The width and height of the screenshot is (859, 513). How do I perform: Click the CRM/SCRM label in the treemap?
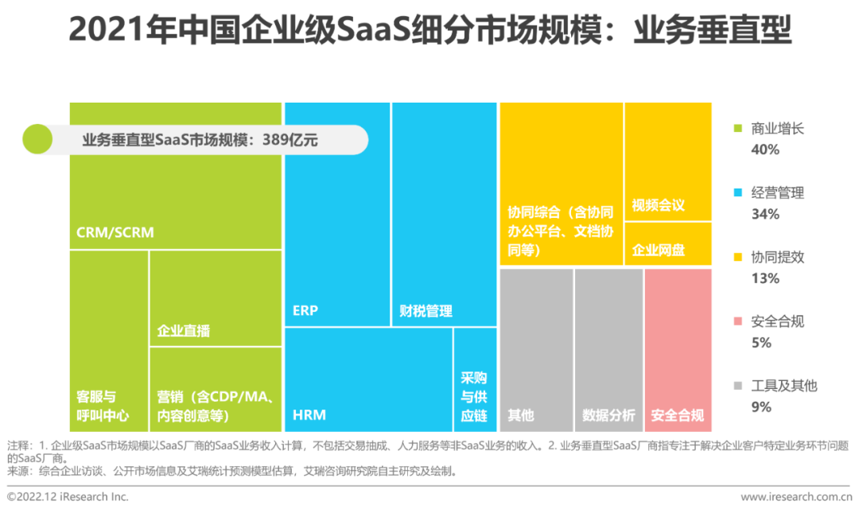[115, 233]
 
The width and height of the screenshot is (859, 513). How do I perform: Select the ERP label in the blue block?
[305, 310]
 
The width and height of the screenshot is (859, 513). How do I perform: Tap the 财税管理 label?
[426, 311]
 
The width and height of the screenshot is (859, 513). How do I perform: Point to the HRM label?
[309, 414]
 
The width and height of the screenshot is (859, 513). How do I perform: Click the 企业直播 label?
[184, 330]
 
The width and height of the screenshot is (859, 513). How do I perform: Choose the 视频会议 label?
[658, 205]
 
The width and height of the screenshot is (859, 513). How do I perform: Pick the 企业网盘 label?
[658, 250]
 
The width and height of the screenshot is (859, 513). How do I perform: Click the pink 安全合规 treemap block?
[678, 350]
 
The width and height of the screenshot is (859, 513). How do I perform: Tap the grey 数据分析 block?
[608, 350]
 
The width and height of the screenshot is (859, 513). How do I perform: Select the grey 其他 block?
[536, 350]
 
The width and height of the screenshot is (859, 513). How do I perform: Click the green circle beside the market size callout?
[37, 140]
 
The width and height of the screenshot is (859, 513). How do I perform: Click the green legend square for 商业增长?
[737, 129]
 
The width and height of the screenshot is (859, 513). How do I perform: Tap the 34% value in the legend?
[765, 214]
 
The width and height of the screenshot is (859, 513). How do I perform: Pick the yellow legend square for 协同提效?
[737, 258]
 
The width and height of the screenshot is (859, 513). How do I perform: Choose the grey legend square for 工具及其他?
[737, 386]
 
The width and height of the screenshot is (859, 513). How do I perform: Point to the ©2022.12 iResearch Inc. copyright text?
[68, 497]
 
